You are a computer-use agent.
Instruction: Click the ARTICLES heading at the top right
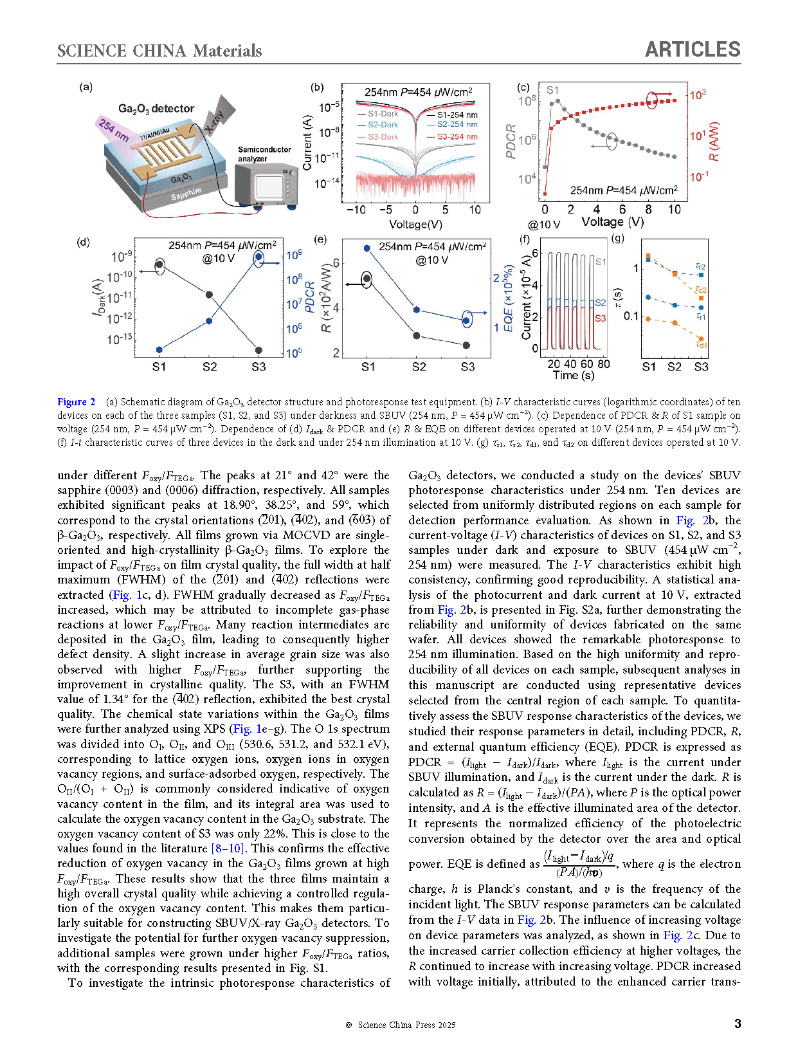[692, 50]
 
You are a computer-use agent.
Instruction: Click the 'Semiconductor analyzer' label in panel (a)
[264, 154]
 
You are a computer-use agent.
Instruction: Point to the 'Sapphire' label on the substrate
[186, 194]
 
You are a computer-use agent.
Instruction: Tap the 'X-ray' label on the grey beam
[214, 121]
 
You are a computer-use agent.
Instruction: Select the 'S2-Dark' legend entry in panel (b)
[383, 125]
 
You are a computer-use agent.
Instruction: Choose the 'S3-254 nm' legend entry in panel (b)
[457, 136]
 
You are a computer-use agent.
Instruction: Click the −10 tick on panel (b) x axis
[356, 210]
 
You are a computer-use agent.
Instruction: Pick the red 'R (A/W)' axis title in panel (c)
[714, 142]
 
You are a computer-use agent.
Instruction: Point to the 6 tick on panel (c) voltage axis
[622, 210]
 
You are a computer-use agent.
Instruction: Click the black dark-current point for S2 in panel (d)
[209, 295]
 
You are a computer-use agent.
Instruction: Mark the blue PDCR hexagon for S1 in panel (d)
[159, 350]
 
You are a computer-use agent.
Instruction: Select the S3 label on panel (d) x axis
[258, 367]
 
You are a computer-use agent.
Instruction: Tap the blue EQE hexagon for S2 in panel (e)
[417, 309]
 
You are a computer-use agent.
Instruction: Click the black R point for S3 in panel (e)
[467, 345]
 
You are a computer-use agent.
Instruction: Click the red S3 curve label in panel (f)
[600, 318]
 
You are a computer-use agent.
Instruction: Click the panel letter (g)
[617, 239]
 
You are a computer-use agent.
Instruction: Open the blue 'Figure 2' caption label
[76, 402]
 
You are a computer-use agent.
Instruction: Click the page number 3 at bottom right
[738, 1023]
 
